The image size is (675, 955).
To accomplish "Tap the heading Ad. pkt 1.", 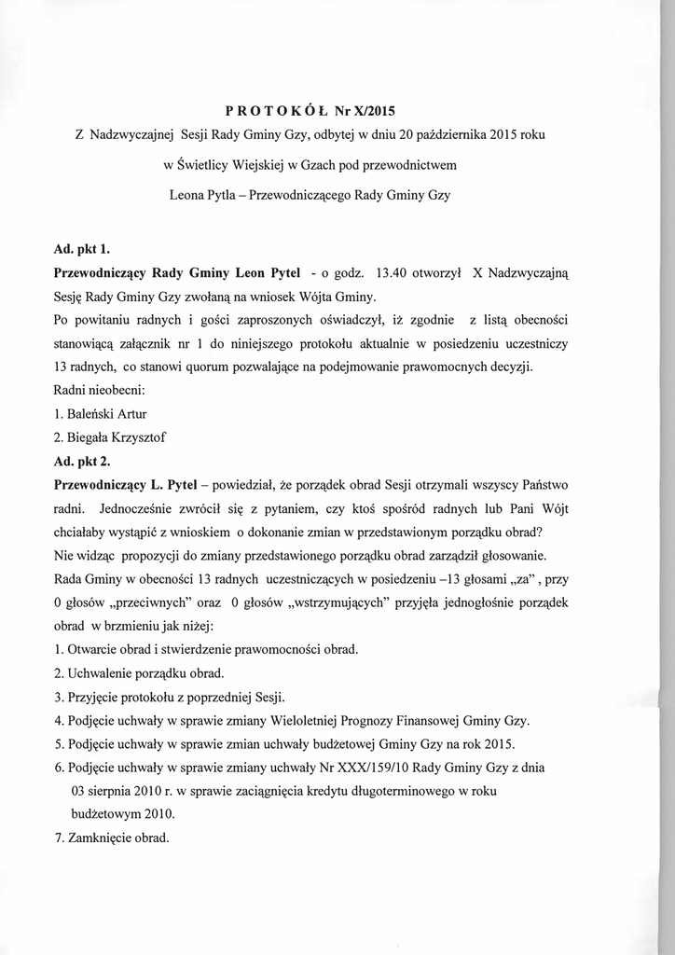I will coord(82,248).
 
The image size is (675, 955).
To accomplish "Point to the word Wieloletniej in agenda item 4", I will coord(308,721).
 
